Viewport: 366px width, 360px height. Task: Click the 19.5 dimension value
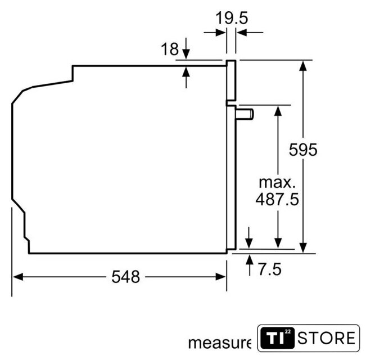pyautogui.click(x=232, y=18)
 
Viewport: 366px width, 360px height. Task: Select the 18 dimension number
pyautogui.click(x=170, y=49)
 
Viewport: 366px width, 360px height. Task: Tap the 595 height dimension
pyautogui.click(x=303, y=150)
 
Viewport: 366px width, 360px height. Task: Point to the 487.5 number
pyautogui.click(x=277, y=199)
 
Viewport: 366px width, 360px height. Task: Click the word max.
pyautogui.click(x=277, y=182)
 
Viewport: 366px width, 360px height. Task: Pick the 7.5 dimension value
pyautogui.click(x=270, y=269)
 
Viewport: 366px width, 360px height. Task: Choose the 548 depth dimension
pyautogui.click(x=125, y=277)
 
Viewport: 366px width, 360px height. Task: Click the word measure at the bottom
pyautogui.click(x=220, y=343)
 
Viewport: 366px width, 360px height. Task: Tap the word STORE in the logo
pyautogui.click(x=326, y=338)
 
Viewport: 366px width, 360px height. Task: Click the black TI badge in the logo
pyautogui.click(x=278, y=338)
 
